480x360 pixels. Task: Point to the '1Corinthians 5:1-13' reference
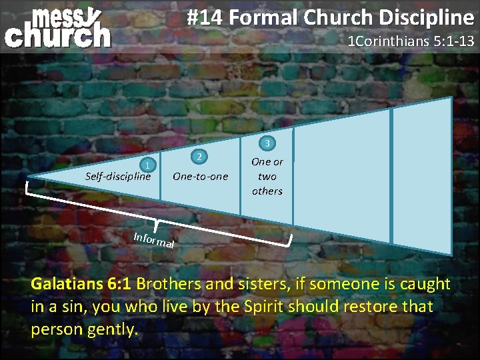[x=411, y=41]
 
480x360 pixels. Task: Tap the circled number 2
[x=199, y=157]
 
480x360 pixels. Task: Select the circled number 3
[x=267, y=143]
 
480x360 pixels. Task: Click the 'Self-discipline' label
[x=118, y=177]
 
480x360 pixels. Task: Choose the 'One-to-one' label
[x=200, y=177]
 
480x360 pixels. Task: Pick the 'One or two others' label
[x=267, y=176]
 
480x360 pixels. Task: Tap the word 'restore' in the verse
[x=369, y=307]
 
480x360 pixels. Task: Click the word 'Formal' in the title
[x=263, y=18]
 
